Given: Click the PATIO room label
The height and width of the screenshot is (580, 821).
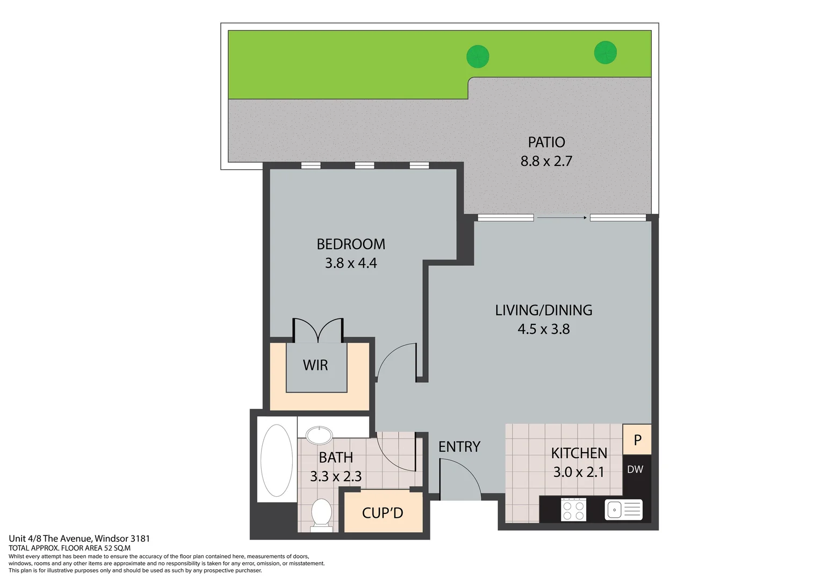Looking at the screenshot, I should click(x=546, y=142).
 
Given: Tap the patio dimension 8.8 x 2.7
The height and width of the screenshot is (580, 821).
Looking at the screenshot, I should click(x=546, y=161).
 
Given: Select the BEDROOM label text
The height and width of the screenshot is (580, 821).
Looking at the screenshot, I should click(x=351, y=244).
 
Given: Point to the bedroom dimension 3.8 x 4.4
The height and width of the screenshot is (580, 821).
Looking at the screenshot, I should click(x=351, y=263).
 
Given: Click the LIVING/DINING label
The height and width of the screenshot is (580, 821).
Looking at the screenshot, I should click(x=543, y=310).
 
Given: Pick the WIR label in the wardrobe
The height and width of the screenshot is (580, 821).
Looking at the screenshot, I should click(x=315, y=365).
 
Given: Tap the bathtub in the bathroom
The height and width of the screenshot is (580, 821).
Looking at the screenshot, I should click(x=277, y=460).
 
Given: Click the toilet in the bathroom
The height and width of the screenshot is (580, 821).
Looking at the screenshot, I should click(x=321, y=513).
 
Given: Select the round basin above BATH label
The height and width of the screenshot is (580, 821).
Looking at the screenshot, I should click(x=319, y=435).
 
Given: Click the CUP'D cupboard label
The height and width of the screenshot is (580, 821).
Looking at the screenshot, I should click(x=383, y=513).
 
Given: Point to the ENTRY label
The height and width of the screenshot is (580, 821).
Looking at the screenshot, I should click(x=459, y=447).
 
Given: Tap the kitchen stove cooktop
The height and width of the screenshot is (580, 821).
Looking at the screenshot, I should click(x=573, y=510).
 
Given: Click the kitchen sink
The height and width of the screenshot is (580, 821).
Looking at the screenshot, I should click(x=623, y=510).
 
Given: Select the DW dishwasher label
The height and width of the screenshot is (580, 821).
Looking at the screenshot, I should click(x=635, y=469).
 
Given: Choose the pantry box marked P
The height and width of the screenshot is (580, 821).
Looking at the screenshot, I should click(x=637, y=440).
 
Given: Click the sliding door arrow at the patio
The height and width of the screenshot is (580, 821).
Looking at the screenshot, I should click(x=561, y=218).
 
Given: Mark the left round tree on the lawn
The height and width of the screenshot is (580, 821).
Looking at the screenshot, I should click(x=478, y=56).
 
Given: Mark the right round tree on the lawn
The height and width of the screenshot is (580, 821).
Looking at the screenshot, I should click(x=606, y=53).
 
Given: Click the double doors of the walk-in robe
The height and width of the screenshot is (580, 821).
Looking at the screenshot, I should click(x=318, y=330).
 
